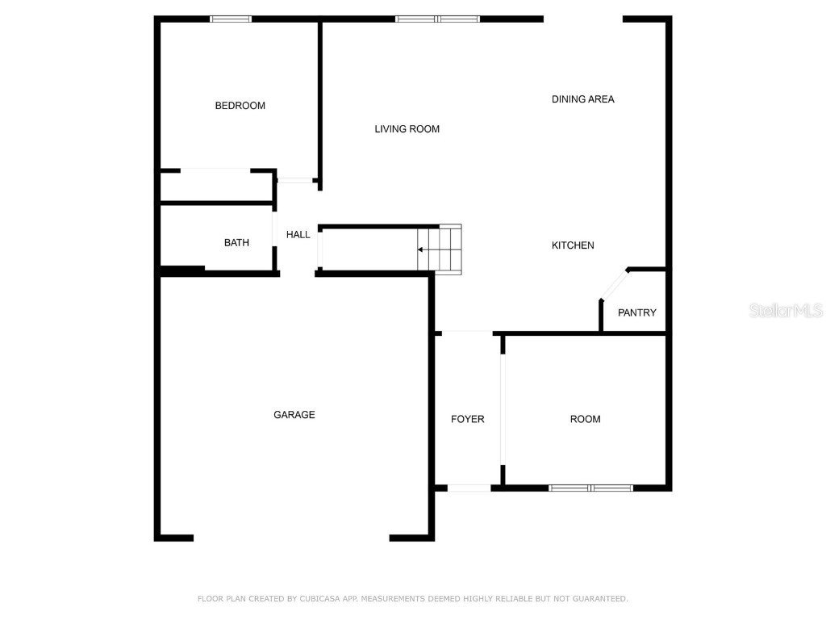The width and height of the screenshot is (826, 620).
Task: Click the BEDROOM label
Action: tap(240, 106)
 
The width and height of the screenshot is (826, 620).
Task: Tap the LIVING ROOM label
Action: tap(407, 129)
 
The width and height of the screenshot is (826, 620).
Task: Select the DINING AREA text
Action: tap(582, 99)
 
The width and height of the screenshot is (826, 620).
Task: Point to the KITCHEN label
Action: tap(573, 245)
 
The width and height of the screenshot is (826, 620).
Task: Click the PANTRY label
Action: tap(636, 313)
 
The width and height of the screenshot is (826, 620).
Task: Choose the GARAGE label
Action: tap(294, 415)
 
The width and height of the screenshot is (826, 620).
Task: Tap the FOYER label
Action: tap(467, 419)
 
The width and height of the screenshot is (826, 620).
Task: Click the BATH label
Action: tap(236, 243)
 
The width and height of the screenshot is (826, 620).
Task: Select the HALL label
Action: tap(298, 235)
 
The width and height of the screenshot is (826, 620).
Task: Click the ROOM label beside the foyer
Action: tap(585, 419)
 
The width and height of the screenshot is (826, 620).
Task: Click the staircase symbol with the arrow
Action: tap(440, 249)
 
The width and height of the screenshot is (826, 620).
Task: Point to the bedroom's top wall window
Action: tap(231, 19)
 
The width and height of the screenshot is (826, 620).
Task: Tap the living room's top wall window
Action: tap(437, 19)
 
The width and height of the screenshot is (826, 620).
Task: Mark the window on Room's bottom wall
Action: tap(590, 488)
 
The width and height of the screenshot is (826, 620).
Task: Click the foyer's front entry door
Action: tap(469, 488)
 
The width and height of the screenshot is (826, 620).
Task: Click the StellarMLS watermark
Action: tap(786, 311)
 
